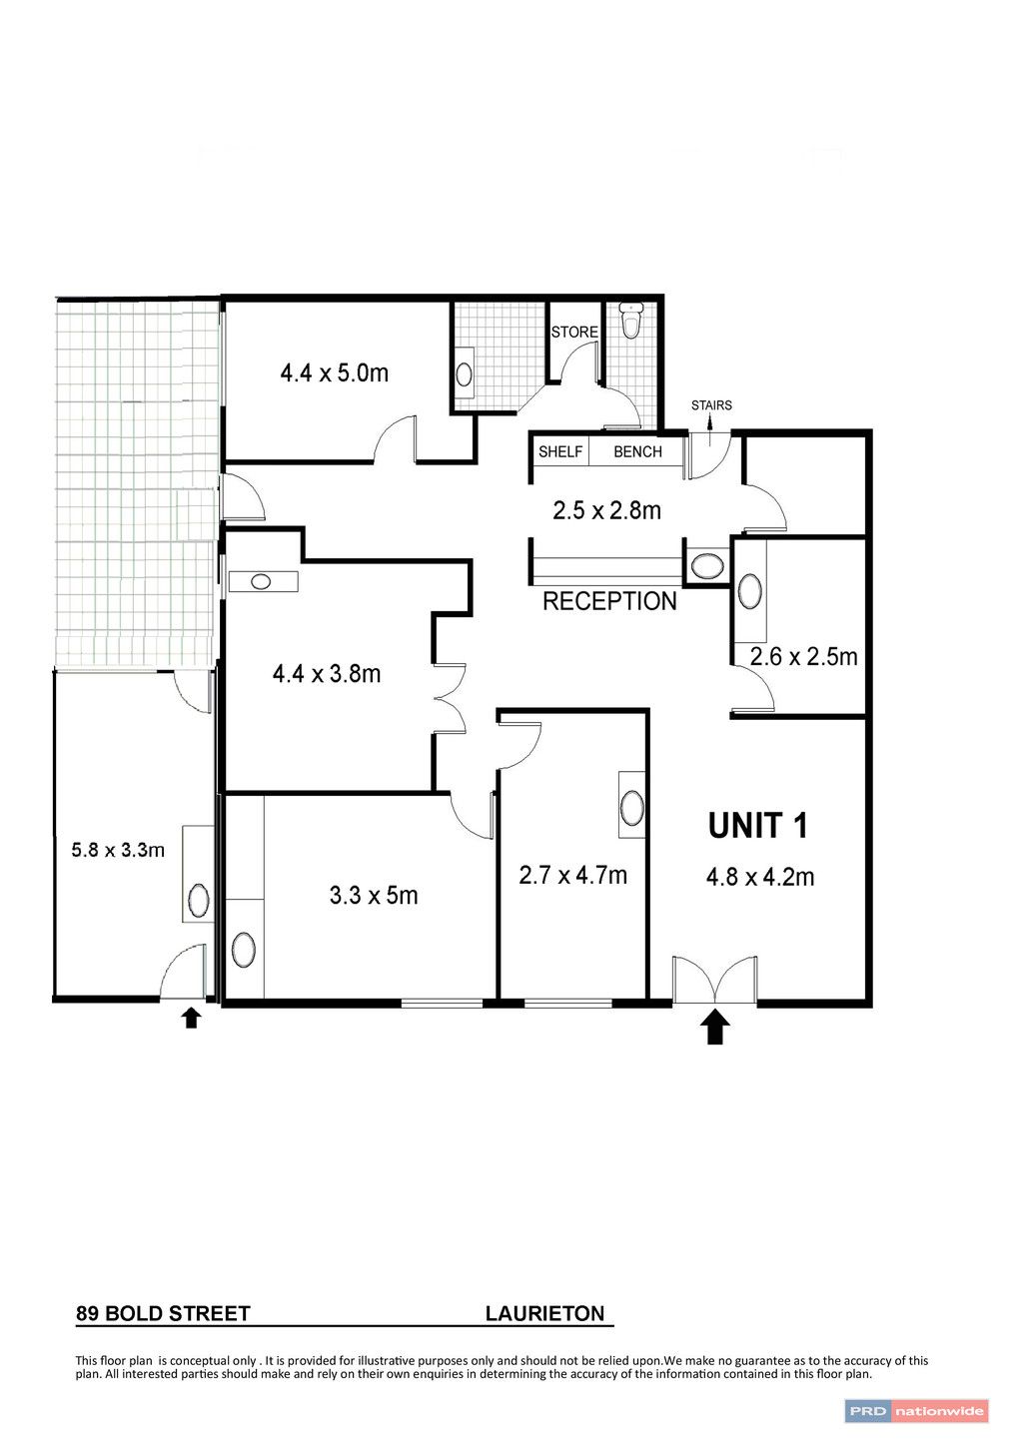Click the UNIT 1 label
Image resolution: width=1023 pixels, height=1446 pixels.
(x=757, y=826)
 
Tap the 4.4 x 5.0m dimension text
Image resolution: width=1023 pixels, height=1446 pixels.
(x=334, y=373)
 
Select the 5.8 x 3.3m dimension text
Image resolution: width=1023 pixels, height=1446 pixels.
(x=118, y=850)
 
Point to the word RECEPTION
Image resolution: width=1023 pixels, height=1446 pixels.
(x=609, y=601)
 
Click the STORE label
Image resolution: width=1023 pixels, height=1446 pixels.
(x=574, y=332)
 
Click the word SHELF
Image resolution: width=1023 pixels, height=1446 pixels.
(x=560, y=451)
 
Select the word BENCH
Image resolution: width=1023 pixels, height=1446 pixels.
(x=637, y=451)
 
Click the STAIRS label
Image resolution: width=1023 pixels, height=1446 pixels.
(x=711, y=405)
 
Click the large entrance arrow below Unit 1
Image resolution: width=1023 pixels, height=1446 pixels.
(x=714, y=1026)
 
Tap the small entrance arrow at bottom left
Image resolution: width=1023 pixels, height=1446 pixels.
(x=191, y=1019)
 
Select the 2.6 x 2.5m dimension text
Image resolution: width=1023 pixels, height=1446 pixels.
(x=803, y=657)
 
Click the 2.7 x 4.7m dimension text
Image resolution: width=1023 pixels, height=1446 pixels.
(x=572, y=876)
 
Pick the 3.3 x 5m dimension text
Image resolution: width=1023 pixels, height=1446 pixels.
(x=374, y=896)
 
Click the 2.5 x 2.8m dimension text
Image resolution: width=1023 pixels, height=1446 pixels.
(x=606, y=510)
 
